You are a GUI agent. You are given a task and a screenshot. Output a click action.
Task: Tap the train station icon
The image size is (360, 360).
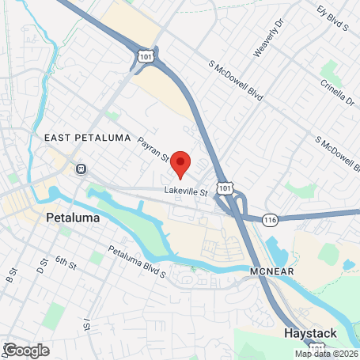tap(81, 169)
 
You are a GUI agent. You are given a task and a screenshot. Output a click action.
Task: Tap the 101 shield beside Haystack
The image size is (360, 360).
tap(316, 348)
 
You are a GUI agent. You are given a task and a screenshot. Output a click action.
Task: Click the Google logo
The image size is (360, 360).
tap(26, 349)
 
